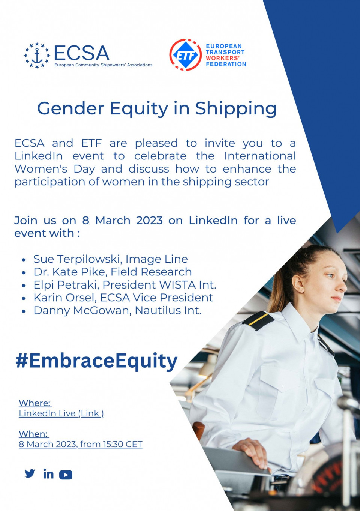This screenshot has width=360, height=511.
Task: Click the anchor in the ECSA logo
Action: click(x=37, y=56)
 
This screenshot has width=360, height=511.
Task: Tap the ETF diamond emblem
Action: click(x=186, y=55)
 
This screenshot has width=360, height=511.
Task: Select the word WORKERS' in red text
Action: click(x=223, y=58)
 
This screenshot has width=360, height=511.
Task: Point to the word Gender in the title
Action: click(x=70, y=108)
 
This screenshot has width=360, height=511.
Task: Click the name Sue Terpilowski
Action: click(x=76, y=259)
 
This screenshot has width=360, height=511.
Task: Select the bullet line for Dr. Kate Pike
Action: click(x=107, y=272)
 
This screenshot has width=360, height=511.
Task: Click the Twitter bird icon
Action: click(x=30, y=473)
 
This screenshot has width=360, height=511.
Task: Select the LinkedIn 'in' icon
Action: click(x=48, y=474)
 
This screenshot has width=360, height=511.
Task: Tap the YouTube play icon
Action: click(x=66, y=475)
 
